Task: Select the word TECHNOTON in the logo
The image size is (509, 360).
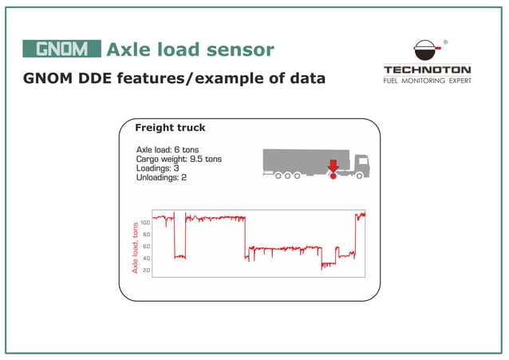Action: click(427, 69)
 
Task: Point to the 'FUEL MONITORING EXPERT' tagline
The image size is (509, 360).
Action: click(427, 81)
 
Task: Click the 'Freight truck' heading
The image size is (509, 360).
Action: click(170, 128)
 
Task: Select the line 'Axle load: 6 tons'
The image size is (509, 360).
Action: click(168, 149)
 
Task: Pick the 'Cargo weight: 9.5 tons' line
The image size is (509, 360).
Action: click(179, 159)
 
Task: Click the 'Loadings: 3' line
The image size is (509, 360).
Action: click(157, 168)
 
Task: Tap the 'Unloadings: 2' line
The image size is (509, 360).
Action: click(161, 177)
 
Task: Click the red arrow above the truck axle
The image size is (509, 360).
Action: click(333, 165)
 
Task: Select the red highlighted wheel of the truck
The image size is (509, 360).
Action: click(333, 176)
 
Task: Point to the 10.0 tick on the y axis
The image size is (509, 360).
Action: click(145, 223)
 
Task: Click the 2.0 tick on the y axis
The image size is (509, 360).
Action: click(145, 271)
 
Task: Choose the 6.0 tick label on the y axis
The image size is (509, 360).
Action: click(145, 247)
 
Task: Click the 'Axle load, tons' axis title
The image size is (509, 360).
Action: click(136, 247)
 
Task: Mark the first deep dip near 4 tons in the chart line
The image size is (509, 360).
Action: click(180, 256)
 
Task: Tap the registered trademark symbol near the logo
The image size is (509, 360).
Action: click(445, 42)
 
